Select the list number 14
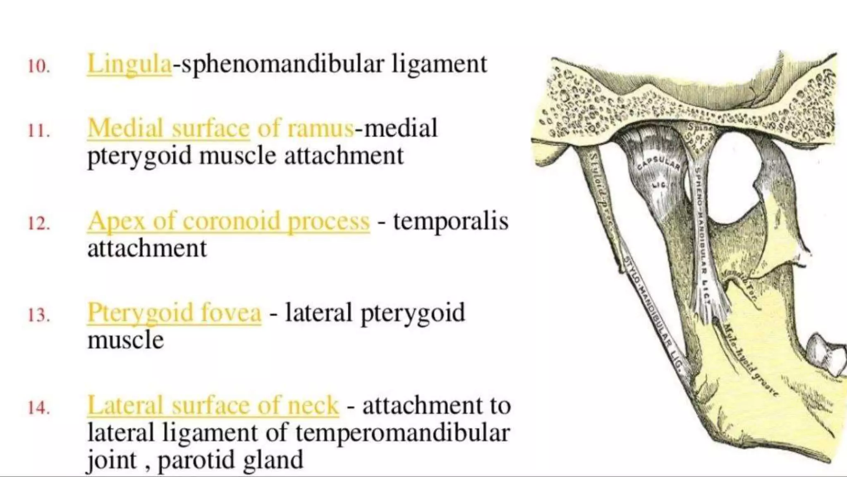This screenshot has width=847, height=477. pyautogui.click(x=38, y=408)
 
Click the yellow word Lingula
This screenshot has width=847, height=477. pyautogui.click(x=129, y=64)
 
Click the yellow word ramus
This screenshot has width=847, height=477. pyautogui.click(x=320, y=128)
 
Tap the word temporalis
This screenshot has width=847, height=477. pyautogui.click(x=450, y=221)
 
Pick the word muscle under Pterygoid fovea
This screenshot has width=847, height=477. pyautogui.click(x=126, y=340)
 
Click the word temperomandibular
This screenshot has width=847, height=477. pyautogui.click(x=402, y=433)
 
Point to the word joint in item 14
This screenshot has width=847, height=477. pyautogui.click(x=112, y=460)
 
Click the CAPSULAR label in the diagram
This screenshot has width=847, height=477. pyautogui.click(x=658, y=164)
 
